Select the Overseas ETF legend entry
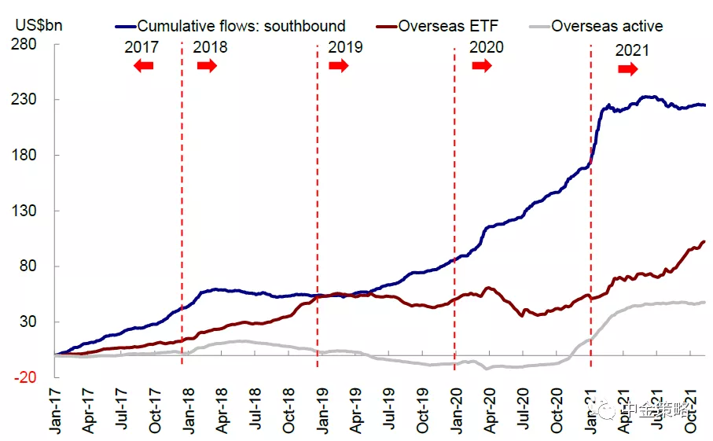[447, 27]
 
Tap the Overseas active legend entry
[606, 27]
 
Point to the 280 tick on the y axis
[27, 44]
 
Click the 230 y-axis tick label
[27, 100]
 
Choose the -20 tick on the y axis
[27, 377]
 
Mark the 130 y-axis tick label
[27, 211]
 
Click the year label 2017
[142, 47]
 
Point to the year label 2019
[345, 47]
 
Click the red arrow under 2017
[143, 66]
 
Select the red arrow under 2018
[207, 66]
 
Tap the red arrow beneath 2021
[627, 69]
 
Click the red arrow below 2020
[481, 66]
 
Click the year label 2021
[632, 51]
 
